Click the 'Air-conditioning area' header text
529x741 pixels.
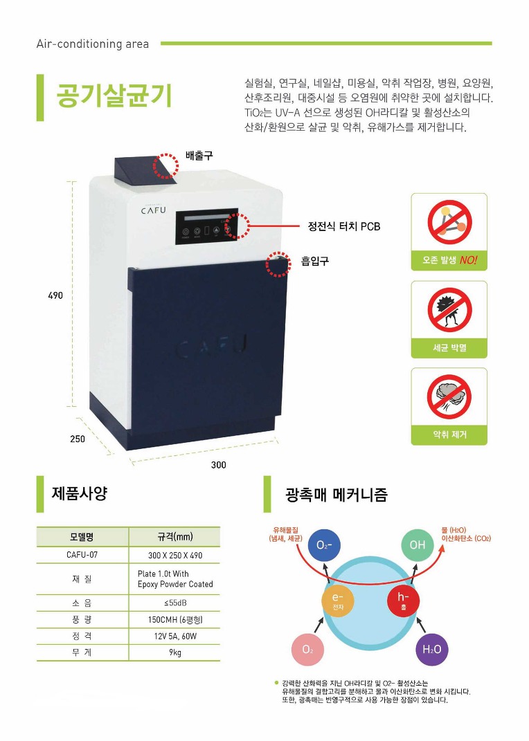pos(93,44)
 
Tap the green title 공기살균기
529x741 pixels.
pos(114,95)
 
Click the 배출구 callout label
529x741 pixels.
pos(199,155)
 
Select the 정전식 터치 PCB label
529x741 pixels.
pos(343,226)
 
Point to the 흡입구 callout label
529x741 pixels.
pos(315,261)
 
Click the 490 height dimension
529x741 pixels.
pos(55,295)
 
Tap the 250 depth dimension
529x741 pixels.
pos(78,439)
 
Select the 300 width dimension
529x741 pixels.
pos(218,465)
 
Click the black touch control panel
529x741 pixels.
pos(207,226)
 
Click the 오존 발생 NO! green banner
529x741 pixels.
pos(449,260)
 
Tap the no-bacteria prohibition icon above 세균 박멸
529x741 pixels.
pos(449,310)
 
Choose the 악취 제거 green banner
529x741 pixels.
pos(449,434)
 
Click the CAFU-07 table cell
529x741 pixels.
pos(82,555)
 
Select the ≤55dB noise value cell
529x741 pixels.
pos(175,603)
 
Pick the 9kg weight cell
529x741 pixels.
pos(175,652)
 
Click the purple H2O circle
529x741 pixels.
pos(431,650)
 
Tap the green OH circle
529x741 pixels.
pos(418,545)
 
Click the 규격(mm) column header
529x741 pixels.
pos(175,537)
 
